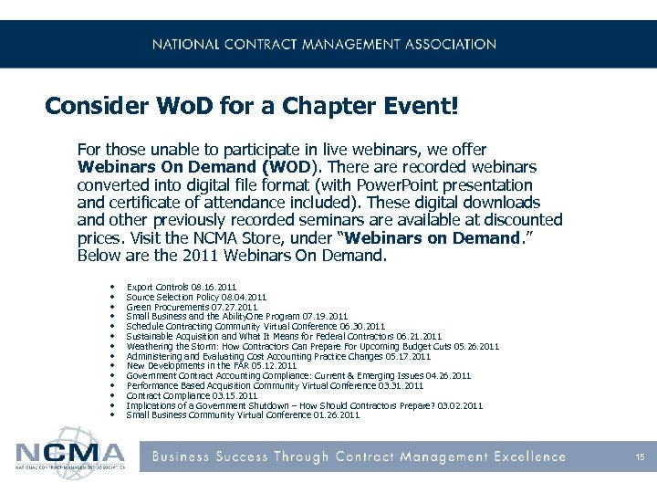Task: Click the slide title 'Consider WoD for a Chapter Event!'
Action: point(251,106)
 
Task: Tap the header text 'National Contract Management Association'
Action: point(324,44)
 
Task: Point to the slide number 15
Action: point(641,456)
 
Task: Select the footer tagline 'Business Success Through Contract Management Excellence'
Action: point(358,456)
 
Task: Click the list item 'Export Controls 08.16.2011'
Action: point(181,287)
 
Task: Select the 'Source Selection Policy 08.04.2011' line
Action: point(196,297)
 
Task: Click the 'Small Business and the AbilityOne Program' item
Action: point(237,316)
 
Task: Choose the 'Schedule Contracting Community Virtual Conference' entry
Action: point(255,326)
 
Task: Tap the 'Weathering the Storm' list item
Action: point(312,346)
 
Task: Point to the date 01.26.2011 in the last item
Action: point(339,414)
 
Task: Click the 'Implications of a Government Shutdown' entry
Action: point(304,404)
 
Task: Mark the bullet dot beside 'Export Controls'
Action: point(109,287)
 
